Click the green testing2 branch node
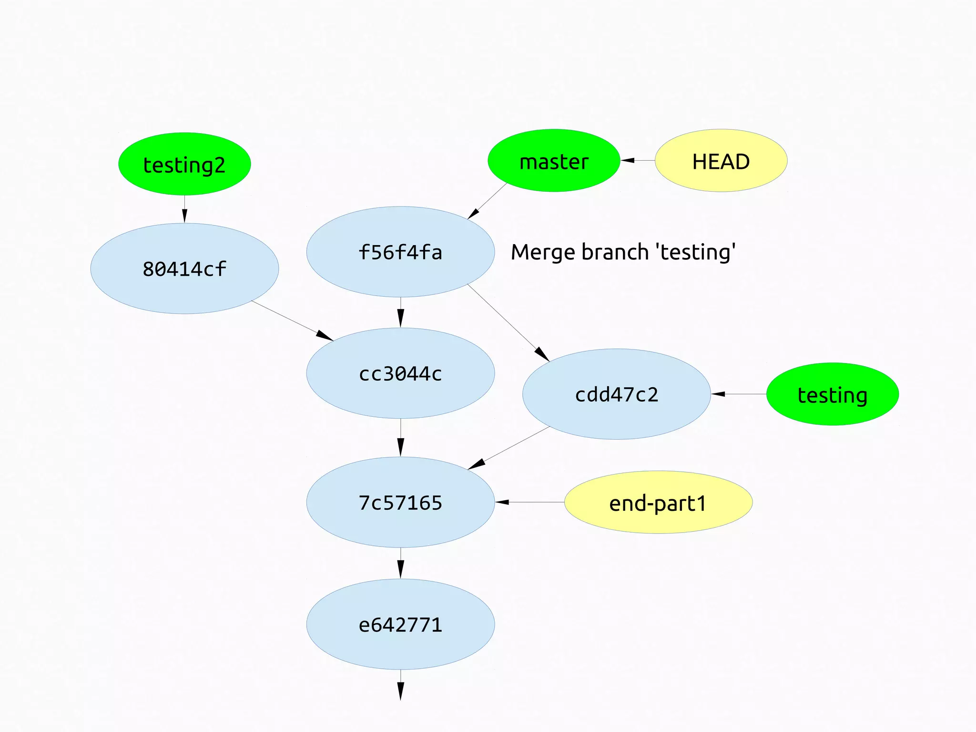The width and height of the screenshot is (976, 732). (184, 164)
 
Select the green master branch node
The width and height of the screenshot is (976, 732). (554, 161)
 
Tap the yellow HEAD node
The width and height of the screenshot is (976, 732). (721, 161)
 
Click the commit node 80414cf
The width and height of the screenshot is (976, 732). (184, 268)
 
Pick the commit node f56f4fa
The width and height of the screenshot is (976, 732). (400, 252)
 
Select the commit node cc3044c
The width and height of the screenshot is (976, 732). (400, 373)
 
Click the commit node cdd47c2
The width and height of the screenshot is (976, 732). (616, 394)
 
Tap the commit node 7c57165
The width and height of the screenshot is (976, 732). (400, 502)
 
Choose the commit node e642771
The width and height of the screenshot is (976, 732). (400, 624)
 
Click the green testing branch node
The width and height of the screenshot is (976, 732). (832, 394)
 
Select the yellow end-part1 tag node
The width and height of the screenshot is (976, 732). (658, 502)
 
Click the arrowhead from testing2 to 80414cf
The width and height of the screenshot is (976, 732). (184, 216)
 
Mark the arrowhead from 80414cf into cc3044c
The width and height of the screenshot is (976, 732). (325, 336)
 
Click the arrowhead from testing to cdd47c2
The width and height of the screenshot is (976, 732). (718, 394)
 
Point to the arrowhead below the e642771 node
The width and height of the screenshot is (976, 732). (400, 691)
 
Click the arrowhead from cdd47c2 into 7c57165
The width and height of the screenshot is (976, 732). (477, 464)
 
